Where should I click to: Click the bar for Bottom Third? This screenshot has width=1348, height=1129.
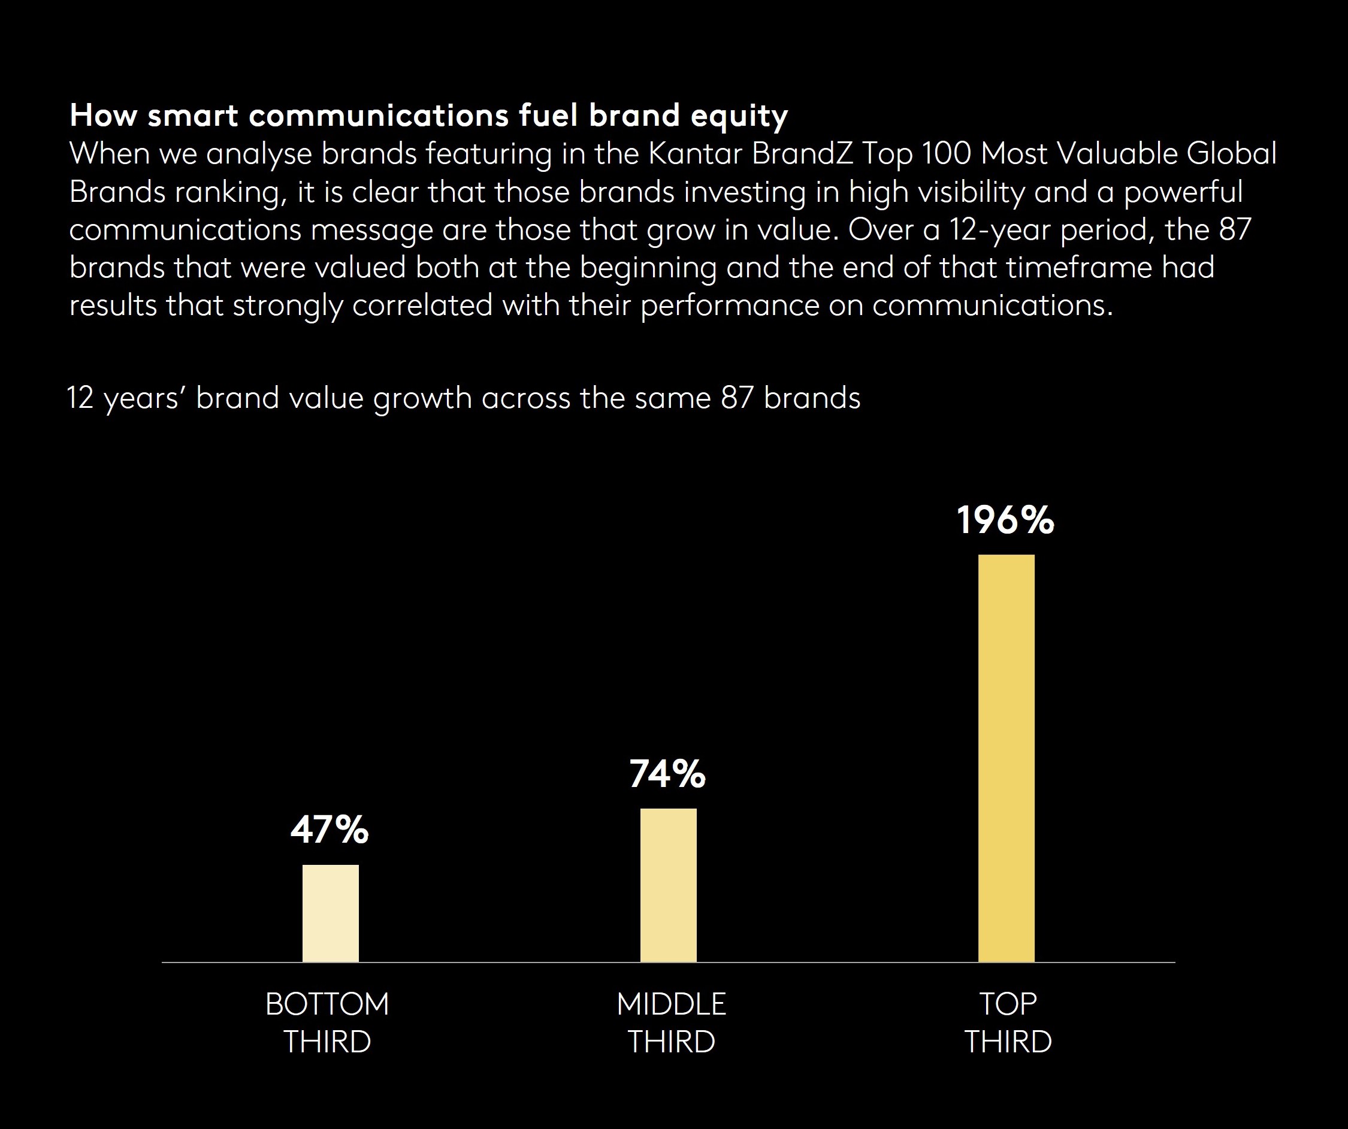coord(331,913)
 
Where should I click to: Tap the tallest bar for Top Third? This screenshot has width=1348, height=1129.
coord(1006,758)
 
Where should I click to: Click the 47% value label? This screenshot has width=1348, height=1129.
coord(330,830)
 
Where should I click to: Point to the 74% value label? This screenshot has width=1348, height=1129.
coord(667,773)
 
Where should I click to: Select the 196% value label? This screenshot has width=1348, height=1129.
coord(1005,520)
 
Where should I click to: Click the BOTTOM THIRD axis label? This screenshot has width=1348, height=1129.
coord(327,1022)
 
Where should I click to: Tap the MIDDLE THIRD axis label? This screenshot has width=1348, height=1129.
coord(671,1022)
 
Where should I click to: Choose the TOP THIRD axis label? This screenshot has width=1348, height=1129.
coord(1008,1022)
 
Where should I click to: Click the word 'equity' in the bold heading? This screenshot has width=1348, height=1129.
coord(739,116)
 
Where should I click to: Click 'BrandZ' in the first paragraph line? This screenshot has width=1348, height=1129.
coord(802,154)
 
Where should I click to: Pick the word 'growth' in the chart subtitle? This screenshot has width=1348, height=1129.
coord(422,398)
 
